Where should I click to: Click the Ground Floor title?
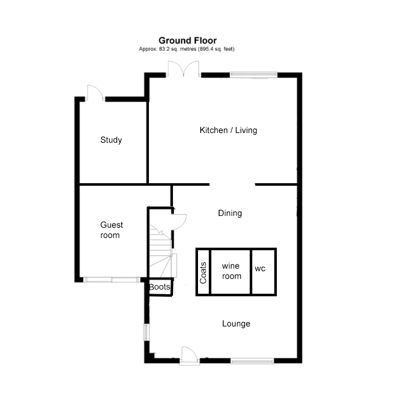(x=187, y=40)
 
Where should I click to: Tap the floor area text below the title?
(x=187, y=49)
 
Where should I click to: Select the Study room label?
(x=111, y=140)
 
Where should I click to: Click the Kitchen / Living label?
(x=228, y=130)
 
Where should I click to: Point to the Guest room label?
(x=112, y=230)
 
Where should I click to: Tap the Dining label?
(x=230, y=213)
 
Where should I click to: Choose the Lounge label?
(x=236, y=323)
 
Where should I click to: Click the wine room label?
(x=232, y=271)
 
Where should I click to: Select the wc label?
(x=260, y=269)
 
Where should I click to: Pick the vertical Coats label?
(x=203, y=273)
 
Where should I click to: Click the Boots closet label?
(x=160, y=287)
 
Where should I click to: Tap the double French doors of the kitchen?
(x=184, y=69)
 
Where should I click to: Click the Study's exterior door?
(x=95, y=93)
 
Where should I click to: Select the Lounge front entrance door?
(x=189, y=356)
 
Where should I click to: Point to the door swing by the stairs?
(x=179, y=222)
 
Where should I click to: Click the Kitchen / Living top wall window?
(x=254, y=74)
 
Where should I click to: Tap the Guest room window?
(x=112, y=280)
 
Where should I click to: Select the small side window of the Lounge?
(x=146, y=332)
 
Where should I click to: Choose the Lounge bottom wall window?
(x=252, y=361)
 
